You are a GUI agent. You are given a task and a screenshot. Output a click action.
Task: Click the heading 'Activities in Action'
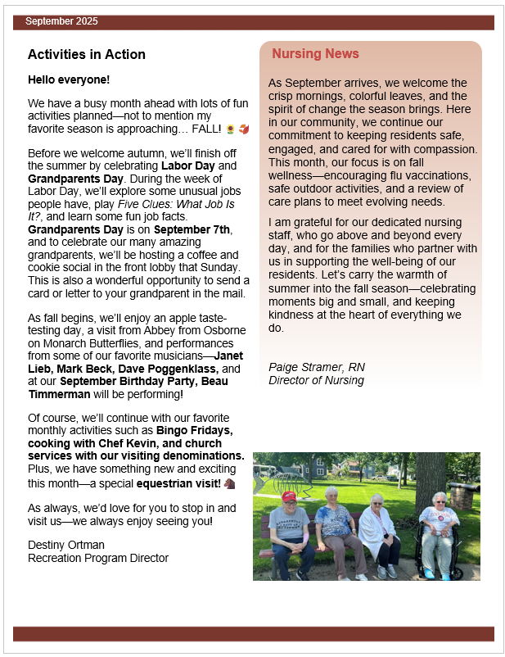87,55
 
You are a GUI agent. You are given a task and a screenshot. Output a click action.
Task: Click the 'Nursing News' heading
315,54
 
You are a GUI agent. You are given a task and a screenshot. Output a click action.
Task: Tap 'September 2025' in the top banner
61,20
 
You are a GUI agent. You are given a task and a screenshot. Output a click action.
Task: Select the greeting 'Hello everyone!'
69,79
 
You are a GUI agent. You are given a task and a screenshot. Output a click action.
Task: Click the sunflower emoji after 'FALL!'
230,129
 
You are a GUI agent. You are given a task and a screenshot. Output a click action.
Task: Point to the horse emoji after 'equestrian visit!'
228,484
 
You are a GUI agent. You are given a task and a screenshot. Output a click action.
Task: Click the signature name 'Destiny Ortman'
66,545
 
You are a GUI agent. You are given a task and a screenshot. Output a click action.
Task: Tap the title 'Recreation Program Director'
98,558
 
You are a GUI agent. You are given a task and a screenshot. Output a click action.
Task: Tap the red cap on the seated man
288,496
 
